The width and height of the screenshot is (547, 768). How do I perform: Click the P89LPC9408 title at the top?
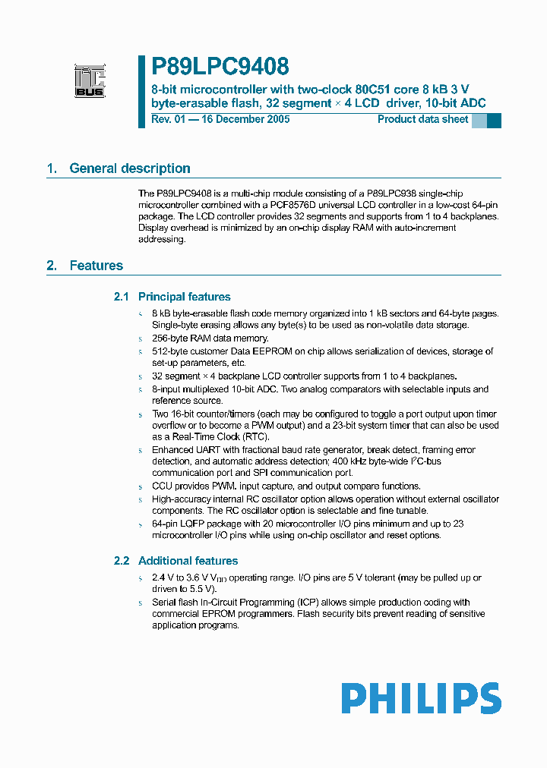(x=220, y=68)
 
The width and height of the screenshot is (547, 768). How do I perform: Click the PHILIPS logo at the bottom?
(x=421, y=698)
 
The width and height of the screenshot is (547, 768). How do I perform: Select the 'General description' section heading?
(x=129, y=168)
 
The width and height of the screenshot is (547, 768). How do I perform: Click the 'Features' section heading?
(x=96, y=266)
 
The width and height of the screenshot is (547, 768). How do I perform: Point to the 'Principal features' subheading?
(x=184, y=297)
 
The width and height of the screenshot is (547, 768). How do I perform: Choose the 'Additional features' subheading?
(x=188, y=561)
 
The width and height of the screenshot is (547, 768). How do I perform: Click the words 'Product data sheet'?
(x=422, y=119)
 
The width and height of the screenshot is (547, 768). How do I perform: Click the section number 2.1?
(x=122, y=297)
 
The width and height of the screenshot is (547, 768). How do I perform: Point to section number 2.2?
(x=122, y=561)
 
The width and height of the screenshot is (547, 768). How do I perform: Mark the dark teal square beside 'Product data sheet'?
(x=494, y=120)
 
